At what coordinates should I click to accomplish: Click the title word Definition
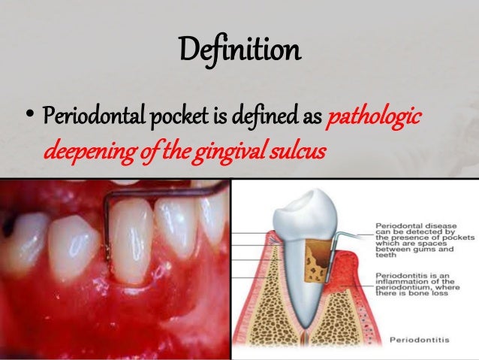coord(239,51)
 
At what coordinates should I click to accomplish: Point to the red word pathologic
coord(375,119)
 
